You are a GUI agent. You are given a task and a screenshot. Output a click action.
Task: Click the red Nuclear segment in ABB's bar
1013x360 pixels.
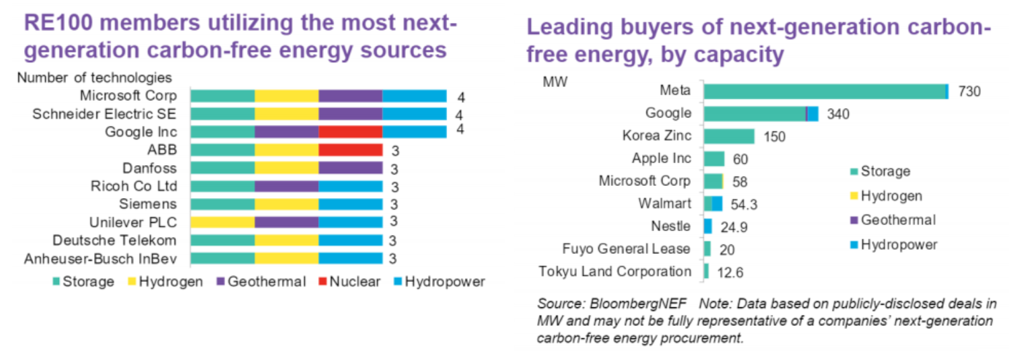351,150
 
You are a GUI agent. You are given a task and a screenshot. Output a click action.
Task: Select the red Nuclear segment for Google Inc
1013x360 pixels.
351,131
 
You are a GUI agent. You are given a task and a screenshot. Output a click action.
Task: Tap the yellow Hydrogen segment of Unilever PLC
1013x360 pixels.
222,222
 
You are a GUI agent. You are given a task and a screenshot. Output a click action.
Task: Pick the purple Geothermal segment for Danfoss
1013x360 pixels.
351,168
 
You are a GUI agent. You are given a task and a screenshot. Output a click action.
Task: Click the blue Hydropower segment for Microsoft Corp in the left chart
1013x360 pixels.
414,96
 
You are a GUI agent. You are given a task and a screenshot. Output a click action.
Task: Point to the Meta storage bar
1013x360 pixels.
824,91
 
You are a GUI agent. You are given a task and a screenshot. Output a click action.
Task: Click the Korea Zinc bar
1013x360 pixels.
728,137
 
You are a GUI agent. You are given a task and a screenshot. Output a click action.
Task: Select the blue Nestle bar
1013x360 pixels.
708,227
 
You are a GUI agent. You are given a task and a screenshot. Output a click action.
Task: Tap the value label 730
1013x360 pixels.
969,91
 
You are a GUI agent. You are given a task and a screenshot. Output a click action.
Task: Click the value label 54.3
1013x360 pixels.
744,204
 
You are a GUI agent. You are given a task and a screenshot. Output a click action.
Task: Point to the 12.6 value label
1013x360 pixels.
730,272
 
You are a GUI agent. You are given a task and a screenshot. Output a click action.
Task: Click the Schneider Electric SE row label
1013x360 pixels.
104,114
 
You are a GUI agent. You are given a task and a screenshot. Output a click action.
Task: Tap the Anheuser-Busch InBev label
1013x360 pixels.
100,259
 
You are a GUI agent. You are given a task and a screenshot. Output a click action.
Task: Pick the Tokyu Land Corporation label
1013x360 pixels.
614,272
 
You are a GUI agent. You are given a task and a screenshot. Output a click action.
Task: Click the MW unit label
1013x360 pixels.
554,82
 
